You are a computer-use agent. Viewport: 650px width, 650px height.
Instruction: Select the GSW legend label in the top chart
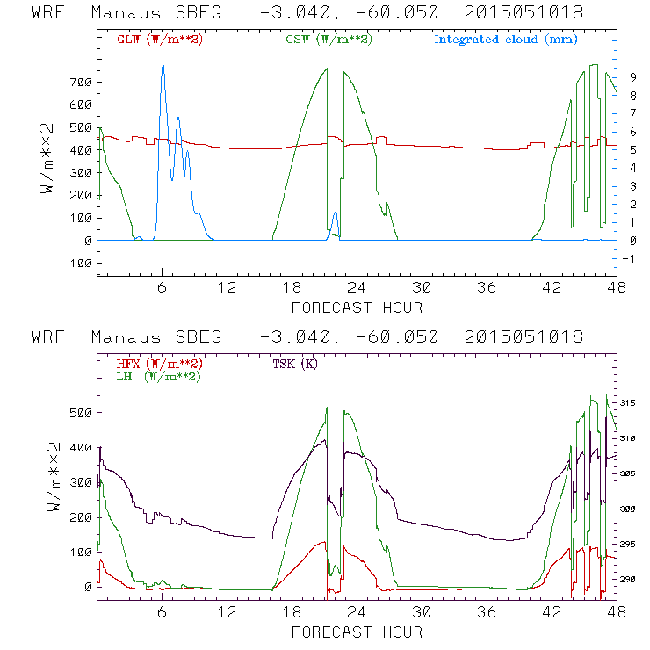(329, 40)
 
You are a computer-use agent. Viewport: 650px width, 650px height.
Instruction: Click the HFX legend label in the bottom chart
(159, 364)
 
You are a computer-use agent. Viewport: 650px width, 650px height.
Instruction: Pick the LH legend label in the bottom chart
(159, 376)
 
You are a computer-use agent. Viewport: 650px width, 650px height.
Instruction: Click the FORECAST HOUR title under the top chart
(357, 307)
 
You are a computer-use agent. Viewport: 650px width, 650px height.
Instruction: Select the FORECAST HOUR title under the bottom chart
(357, 632)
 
